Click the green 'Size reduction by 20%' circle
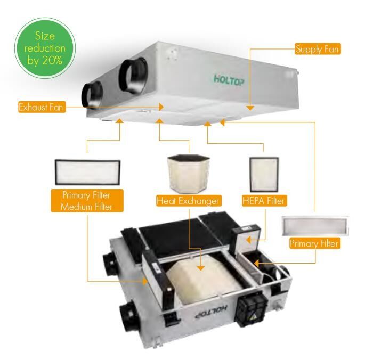tap(45, 48)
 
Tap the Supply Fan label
tap(318, 49)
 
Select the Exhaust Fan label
tap(42, 107)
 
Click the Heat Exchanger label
tap(189, 201)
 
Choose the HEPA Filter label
tap(264, 201)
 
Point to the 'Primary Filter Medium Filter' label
tap(87, 201)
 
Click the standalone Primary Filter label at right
tap(315, 243)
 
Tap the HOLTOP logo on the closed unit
tap(229, 80)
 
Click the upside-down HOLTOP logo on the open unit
tap(211, 312)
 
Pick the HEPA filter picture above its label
tap(264, 175)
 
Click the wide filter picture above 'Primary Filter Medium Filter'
tap(87, 172)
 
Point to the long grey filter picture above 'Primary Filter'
tap(315, 226)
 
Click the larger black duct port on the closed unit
tap(133, 76)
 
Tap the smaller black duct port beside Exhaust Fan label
tap(92, 95)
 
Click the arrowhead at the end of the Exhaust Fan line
tap(161, 107)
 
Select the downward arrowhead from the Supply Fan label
tap(250, 108)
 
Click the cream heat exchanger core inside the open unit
tap(202, 278)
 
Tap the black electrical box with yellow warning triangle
tap(251, 309)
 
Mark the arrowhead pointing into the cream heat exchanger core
tap(201, 267)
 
